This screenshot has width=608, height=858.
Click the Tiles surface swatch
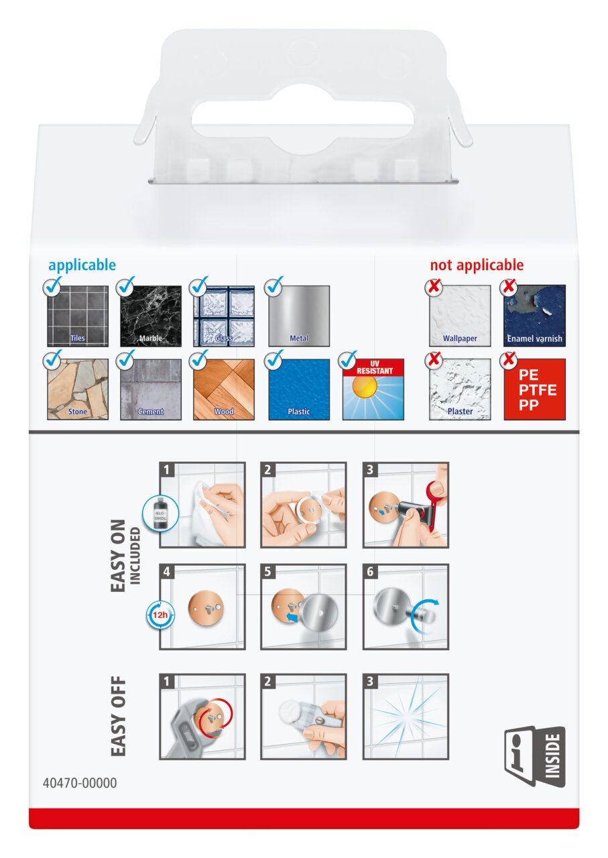[x=78, y=316]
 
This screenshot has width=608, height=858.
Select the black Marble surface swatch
[x=151, y=316]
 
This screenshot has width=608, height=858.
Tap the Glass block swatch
[x=224, y=316]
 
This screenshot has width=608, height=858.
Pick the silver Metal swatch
[x=299, y=316]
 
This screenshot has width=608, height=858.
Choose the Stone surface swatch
[x=78, y=389]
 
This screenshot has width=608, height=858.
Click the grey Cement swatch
[x=151, y=389]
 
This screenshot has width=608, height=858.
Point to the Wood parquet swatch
[x=224, y=389]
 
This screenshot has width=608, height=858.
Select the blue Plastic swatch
[x=299, y=389]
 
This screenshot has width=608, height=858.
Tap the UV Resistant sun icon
[x=373, y=389]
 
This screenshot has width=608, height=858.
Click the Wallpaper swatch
[x=460, y=316]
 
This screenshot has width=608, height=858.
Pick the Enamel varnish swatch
[x=535, y=316]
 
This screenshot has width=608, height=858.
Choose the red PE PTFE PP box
[x=535, y=389]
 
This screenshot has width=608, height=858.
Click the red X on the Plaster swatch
[x=434, y=359]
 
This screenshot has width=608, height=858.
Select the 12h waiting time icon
[x=160, y=615]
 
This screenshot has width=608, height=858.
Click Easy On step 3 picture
[x=406, y=505]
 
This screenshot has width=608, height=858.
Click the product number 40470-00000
[x=80, y=784]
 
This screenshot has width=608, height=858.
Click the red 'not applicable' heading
[x=477, y=265]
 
